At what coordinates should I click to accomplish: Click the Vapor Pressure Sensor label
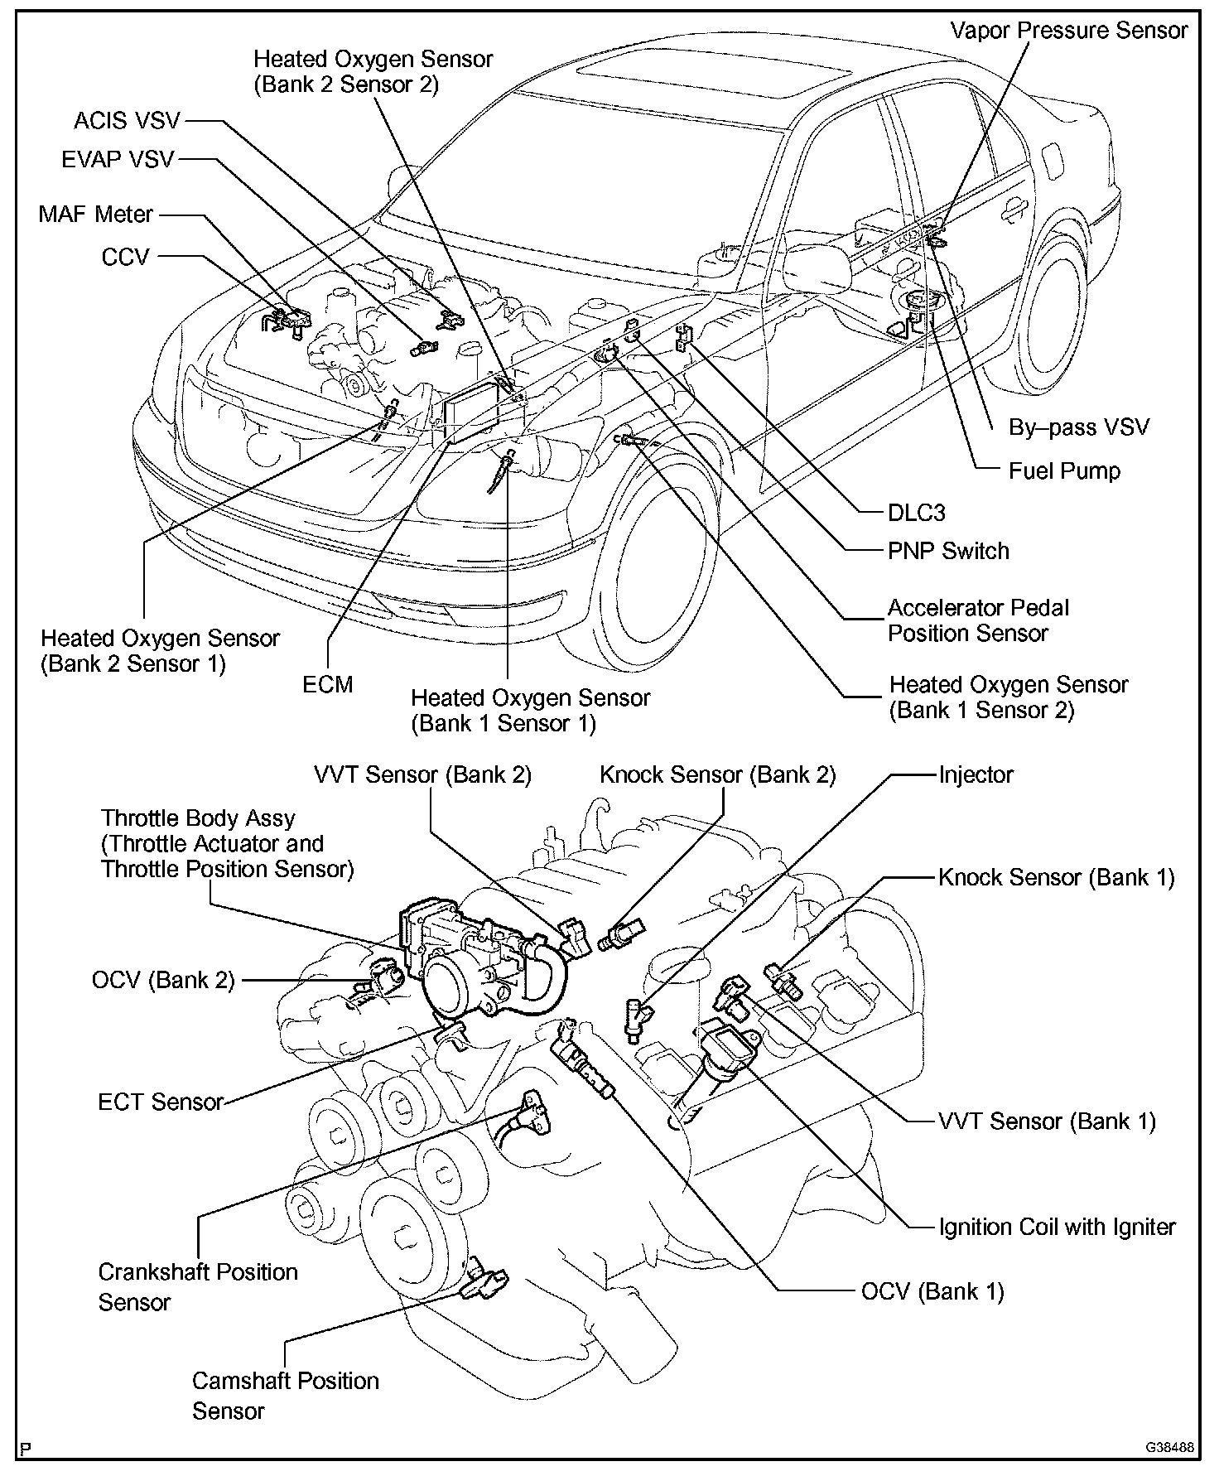[1068, 31]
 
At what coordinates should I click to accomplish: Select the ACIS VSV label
[127, 121]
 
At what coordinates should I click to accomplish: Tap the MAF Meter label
[96, 215]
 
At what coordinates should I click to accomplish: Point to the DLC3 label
[916, 513]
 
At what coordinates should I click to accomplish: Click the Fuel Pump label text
[1064, 471]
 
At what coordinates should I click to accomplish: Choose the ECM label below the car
[328, 684]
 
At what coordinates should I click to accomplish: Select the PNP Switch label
[948, 552]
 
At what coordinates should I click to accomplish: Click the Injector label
[976, 775]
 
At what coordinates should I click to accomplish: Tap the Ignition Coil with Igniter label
[1057, 1227]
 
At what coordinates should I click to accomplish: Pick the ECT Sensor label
[161, 1102]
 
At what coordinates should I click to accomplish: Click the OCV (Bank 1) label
[932, 1291]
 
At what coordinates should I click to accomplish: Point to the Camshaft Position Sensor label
[285, 1396]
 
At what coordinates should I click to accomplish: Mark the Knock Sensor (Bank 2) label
[717, 775]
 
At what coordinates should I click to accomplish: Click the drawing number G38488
[1169, 1449]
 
